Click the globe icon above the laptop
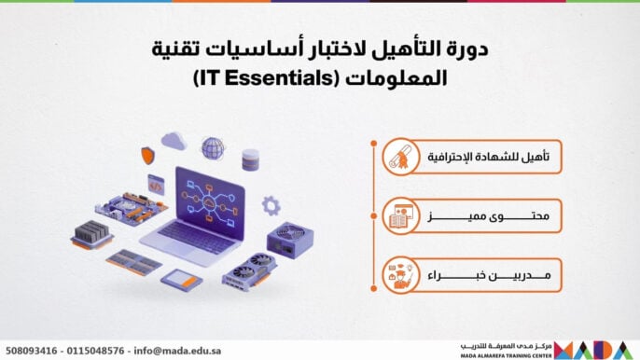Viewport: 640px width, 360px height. pos(213,147)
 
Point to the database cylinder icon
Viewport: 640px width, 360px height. pos(250,159)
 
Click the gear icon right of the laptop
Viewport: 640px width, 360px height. pos(271,204)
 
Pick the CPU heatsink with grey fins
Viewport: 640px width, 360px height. pos(92,233)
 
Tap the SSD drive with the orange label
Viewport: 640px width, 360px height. pos(181,277)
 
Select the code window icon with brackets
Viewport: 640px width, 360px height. pos(157,184)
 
